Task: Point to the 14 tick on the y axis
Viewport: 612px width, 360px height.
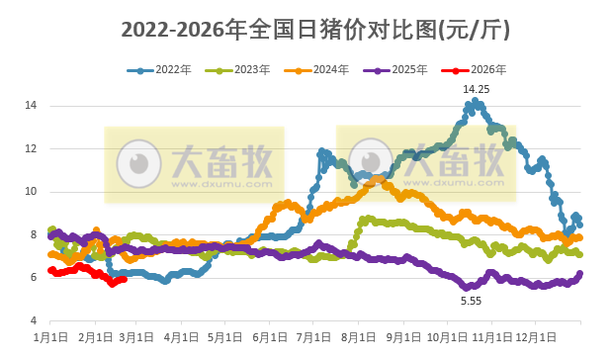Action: click(31, 106)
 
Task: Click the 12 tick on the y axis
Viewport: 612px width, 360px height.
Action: click(31, 148)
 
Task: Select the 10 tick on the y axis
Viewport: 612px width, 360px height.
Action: click(31, 192)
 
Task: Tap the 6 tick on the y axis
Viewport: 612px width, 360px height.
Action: click(34, 278)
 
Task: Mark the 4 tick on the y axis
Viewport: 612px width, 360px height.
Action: click(34, 321)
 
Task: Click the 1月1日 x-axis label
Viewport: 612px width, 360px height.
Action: click(50, 336)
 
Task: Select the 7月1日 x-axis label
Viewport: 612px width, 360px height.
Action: click(312, 336)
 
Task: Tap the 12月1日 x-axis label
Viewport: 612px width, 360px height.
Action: click(534, 336)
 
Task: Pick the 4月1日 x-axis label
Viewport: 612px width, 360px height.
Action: click(181, 336)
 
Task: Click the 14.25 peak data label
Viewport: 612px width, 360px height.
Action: click(476, 89)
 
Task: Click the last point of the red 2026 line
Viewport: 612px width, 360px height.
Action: click(124, 280)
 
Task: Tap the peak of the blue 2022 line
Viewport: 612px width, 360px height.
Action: click(476, 101)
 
